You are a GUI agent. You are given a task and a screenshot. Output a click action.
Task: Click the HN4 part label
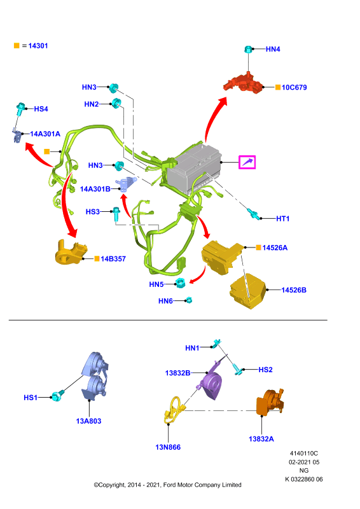[273, 49]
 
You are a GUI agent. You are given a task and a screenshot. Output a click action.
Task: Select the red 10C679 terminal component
[243, 84]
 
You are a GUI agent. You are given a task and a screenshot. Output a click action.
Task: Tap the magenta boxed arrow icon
[247, 162]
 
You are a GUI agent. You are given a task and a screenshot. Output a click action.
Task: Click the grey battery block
[194, 169]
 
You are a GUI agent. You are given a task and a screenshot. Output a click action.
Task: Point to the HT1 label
[282, 219]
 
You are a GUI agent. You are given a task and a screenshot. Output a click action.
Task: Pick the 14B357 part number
[113, 259]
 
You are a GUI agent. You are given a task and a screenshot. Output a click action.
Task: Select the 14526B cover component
[248, 291]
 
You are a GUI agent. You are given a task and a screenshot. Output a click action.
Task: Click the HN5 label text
[156, 284]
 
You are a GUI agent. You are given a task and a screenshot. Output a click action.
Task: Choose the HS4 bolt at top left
[20, 109]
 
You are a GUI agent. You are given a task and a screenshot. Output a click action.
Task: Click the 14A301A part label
[45, 134]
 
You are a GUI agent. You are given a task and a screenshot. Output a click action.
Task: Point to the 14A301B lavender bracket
[126, 185]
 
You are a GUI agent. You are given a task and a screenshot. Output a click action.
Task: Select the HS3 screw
[116, 214]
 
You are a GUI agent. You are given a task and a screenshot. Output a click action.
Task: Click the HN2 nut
[116, 103]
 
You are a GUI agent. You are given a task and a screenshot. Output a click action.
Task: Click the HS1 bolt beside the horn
[57, 396]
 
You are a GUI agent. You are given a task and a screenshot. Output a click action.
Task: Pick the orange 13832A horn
[270, 403]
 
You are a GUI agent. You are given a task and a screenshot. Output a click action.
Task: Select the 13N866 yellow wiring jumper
[175, 410]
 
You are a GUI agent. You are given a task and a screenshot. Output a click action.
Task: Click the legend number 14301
[38, 46]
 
